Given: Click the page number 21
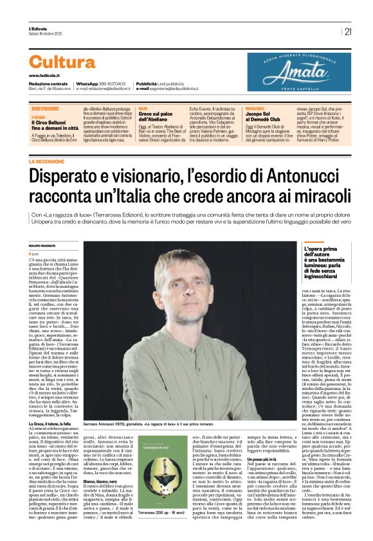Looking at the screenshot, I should pos(348,31).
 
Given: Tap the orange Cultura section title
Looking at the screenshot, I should pos(62,62).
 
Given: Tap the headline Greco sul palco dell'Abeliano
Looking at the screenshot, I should pos(156,120).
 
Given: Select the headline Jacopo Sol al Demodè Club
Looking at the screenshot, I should pos(265,120).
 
